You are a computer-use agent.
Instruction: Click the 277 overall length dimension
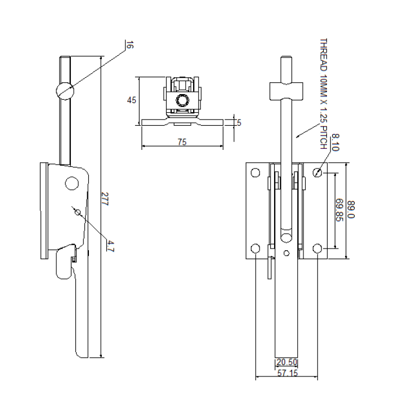click(105, 201)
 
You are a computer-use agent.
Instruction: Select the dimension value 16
click(129, 45)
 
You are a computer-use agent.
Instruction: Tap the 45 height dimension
click(131, 100)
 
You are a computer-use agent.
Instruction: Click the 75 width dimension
click(182, 143)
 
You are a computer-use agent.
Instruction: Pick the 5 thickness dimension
click(239, 122)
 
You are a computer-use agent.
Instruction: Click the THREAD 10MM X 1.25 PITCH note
click(323, 94)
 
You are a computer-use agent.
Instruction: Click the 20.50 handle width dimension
click(286, 362)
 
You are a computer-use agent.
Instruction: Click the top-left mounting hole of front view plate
click(256, 172)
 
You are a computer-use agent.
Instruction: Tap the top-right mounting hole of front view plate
click(318, 172)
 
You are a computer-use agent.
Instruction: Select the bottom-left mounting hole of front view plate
click(256, 249)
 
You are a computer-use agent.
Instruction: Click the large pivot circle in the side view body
click(71, 183)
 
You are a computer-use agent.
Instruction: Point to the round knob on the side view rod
click(64, 90)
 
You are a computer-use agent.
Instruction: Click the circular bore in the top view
click(182, 100)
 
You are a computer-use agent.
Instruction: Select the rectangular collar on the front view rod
click(286, 90)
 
